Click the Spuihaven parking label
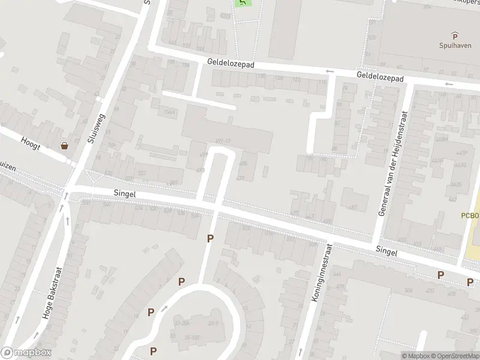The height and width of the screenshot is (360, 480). pos(454,45)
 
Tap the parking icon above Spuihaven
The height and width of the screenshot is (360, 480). pos(455,35)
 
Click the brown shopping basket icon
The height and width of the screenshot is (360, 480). pos(64,145)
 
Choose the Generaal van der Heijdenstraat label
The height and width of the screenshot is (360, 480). pos(393,163)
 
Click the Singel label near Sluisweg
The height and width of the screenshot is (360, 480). pos(125,194)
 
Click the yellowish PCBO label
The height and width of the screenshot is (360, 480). pos(471,215)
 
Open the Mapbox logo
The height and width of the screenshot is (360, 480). pos(26,353)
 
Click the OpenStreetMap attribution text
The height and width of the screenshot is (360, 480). pos(454,356)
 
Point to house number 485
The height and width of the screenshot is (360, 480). pos(242,163)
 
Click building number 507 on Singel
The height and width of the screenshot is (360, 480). pos(174,182)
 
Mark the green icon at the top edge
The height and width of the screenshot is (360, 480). pos(242,2)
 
